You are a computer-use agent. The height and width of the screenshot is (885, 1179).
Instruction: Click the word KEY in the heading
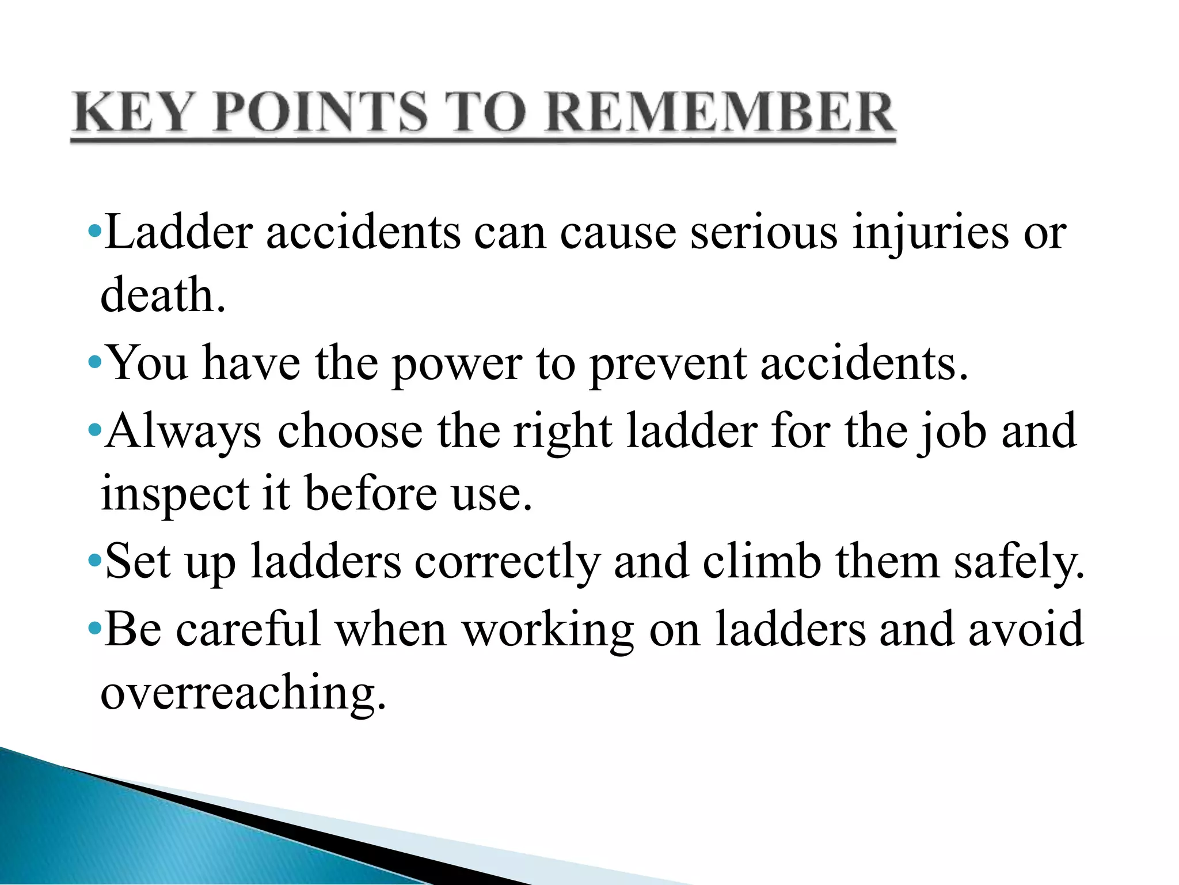click(131, 112)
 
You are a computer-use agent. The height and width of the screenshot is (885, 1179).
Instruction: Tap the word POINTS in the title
click(322, 112)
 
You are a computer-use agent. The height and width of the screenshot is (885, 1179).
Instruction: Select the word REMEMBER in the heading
click(720, 112)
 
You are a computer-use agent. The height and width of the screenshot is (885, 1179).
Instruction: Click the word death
click(163, 294)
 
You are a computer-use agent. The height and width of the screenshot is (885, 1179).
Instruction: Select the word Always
click(184, 432)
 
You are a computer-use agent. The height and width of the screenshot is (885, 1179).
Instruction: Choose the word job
click(952, 432)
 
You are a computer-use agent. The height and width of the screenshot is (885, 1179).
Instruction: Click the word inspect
click(175, 494)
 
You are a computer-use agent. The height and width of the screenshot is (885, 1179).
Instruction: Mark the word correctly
click(507, 562)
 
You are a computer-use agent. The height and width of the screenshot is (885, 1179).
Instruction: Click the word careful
click(248, 629)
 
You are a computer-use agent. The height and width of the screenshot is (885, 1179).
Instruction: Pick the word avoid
click(1026, 629)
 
